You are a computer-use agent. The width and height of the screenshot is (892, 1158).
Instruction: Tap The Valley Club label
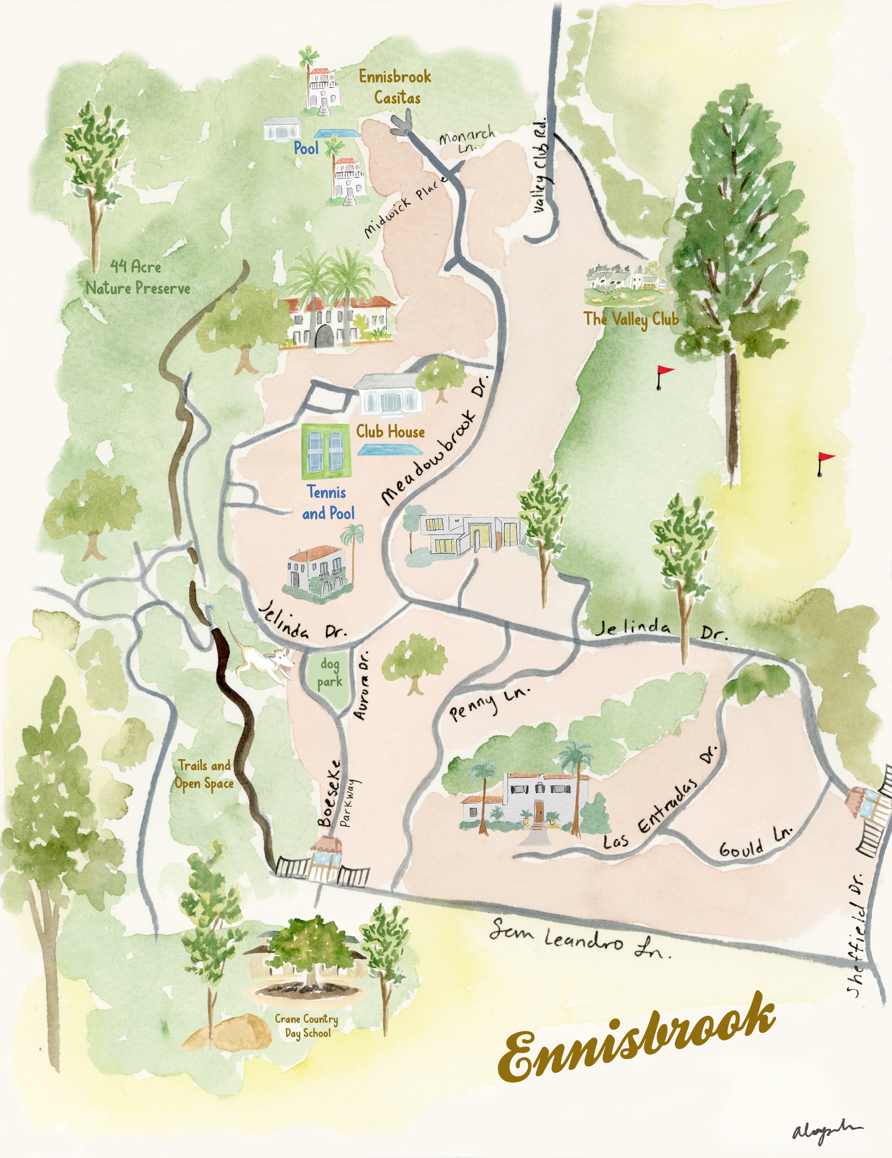[x=631, y=319]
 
